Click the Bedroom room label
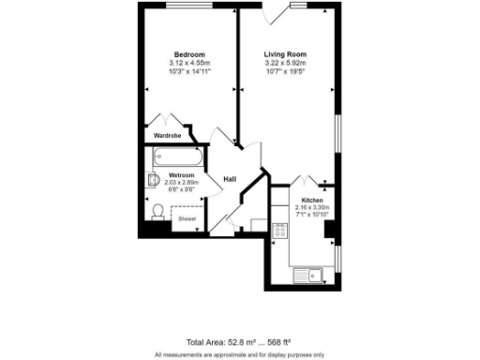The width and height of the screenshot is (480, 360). (189, 54)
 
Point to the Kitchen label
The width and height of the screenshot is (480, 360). (312, 201)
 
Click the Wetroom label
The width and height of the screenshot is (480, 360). (182, 175)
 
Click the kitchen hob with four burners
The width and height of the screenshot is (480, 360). (279, 231)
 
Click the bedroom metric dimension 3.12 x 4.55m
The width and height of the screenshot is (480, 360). (189, 63)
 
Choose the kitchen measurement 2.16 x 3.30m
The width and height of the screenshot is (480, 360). (312, 208)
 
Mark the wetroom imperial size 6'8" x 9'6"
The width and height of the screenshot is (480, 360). (182, 189)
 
